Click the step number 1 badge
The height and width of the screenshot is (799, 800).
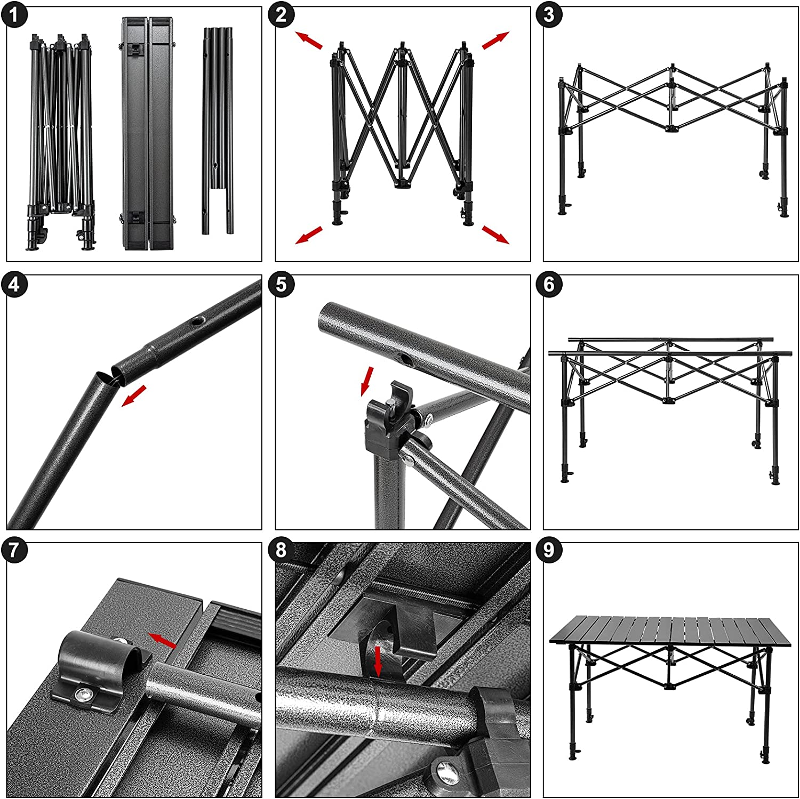(14, 15)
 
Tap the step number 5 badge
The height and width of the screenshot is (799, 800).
(282, 285)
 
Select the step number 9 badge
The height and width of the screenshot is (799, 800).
(549, 551)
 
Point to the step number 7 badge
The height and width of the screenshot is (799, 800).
(14, 551)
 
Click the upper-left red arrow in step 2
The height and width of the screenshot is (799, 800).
(309, 40)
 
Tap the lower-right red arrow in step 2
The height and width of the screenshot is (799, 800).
(495, 235)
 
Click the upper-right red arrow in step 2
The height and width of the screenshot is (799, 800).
(495, 40)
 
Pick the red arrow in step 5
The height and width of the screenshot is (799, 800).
(367, 381)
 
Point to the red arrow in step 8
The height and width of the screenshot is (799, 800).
(378, 661)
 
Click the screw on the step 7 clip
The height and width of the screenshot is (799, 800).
(83, 692)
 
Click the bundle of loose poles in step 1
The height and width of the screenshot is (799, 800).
(218, 131)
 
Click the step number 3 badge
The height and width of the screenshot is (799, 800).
(549, 15)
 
